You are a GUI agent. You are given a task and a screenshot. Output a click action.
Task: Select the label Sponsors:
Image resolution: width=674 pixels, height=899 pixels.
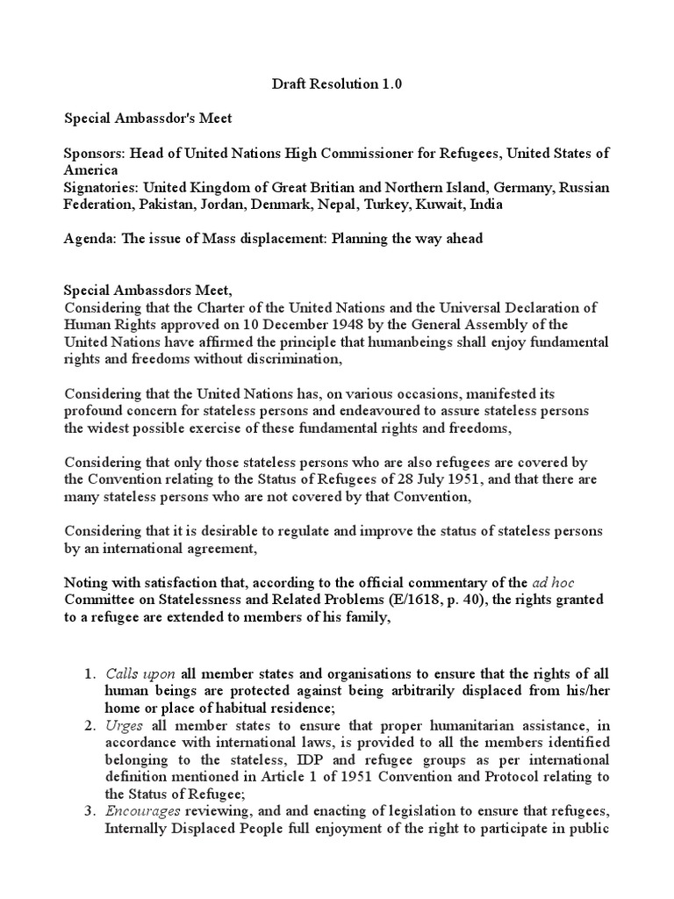pyautogui.click(x=95, y=153)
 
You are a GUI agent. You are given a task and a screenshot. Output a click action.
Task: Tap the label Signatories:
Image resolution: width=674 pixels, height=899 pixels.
pyautogui.click(x=102, y=188)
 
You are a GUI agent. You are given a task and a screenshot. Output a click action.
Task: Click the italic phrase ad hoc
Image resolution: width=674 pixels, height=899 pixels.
pyautogui.click(x=553, y=583)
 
